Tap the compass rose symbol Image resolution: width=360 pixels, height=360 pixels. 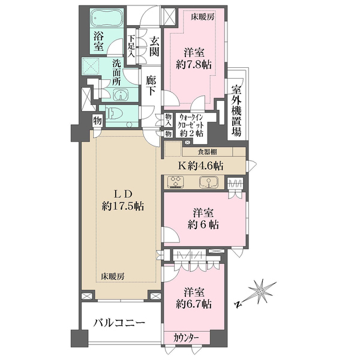[x=263, y=292]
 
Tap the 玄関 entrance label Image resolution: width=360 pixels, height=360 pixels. [x=154, y=48]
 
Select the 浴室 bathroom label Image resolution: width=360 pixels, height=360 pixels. [x=100, y=40]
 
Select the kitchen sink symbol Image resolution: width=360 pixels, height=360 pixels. [x=211, y=182]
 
